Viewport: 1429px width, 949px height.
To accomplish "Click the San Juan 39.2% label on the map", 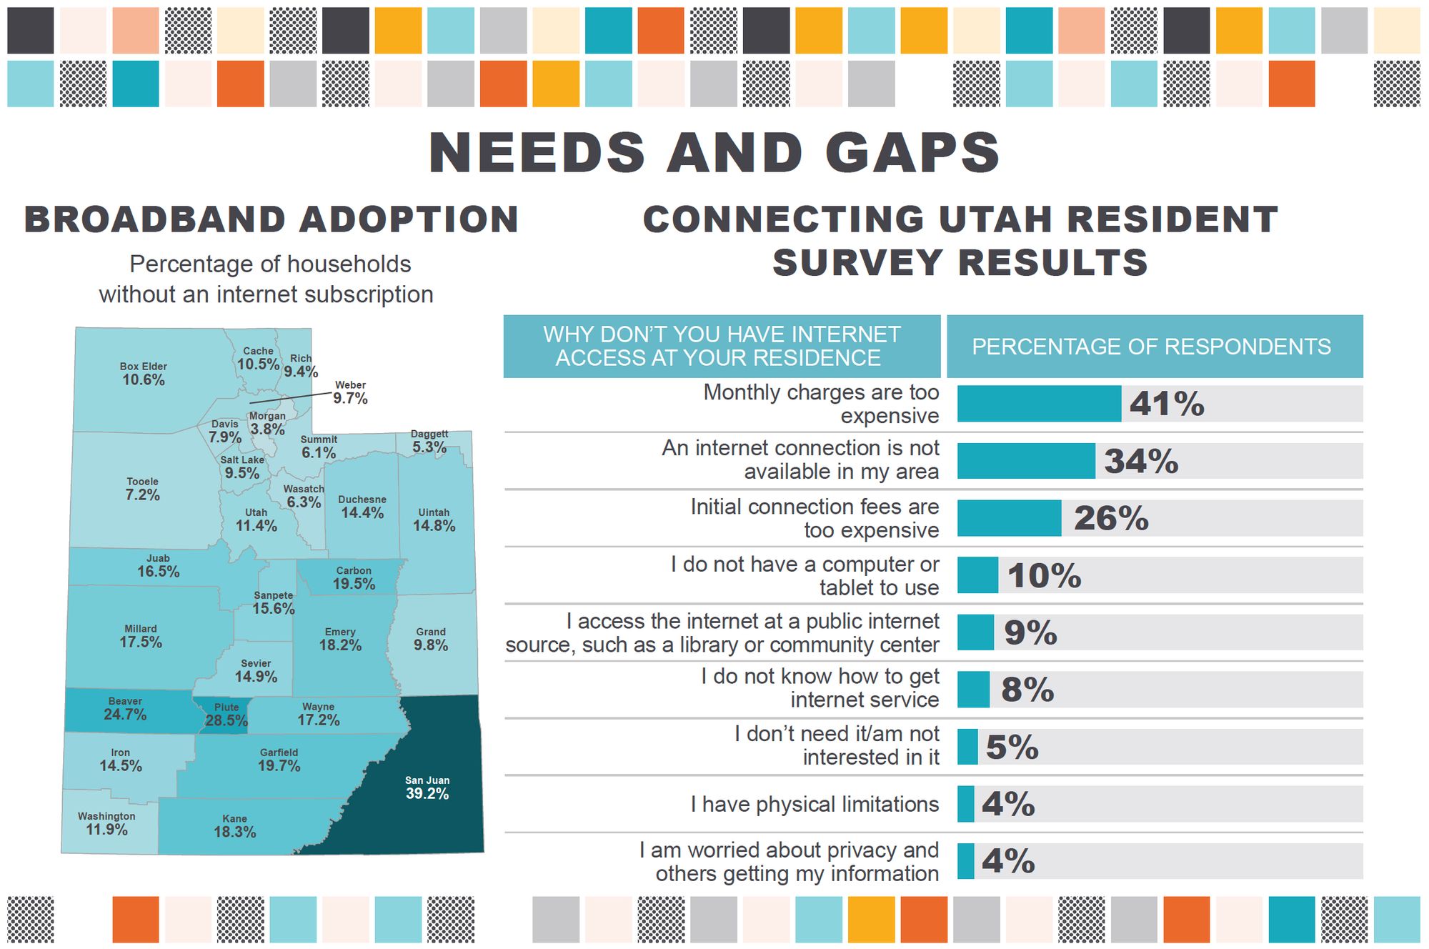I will coord(427,787).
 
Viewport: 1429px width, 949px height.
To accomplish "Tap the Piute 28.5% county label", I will coord(226,715).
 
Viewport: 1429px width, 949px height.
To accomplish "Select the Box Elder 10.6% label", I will coord(144,374).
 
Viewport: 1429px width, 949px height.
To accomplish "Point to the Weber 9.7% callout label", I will coord(350,392).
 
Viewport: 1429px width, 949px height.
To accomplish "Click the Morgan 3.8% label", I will coord(267,423).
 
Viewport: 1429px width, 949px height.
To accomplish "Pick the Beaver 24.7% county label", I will coord(125,708).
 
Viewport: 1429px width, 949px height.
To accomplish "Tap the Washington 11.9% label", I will coord(106,823).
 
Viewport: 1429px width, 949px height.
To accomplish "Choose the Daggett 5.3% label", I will coord(429,442).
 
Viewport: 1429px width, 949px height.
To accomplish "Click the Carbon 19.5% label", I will coord(354,577).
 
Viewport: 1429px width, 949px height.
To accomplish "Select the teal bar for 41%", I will coord(1039,404).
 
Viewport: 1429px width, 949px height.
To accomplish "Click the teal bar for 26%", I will coord(1009,518).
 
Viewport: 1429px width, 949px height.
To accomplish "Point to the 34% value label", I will coord(1141,461).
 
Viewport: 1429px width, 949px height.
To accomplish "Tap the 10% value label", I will coord(1044,575).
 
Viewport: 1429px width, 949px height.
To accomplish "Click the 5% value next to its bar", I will coord(1012,747).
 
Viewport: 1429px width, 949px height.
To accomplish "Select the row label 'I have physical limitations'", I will coord(815,804).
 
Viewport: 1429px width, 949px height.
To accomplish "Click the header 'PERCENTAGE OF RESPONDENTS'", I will coord(1151,347).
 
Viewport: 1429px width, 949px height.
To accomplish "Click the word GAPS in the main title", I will coord(912,153).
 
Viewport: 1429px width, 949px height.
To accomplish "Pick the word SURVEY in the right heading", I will coord(857,262).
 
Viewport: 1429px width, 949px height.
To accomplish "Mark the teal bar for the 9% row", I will coord(975,632).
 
